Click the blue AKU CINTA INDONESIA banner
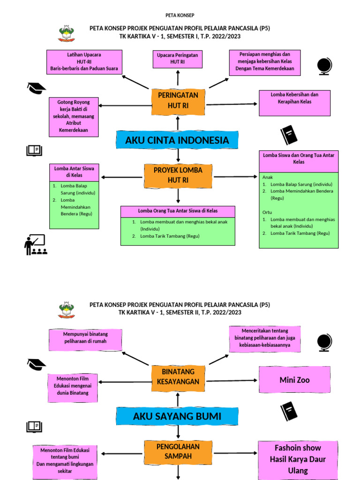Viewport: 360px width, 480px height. tap(177, 140)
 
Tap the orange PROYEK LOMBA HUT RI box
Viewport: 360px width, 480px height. tap(178, 175)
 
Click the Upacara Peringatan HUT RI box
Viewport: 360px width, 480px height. tap(178, 59)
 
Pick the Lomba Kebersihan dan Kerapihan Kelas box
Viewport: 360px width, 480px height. tap(294, 103)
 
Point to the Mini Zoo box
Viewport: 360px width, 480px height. tap(294, 380)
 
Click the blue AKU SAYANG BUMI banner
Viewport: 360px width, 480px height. tap(177, 416)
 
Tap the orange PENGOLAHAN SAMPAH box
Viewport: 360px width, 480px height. tap(178, 452)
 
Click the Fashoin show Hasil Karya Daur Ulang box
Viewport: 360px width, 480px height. tap(298, 460)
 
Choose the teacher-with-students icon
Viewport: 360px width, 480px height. tap(36, 245)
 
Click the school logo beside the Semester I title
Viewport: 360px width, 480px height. tap(67, 33)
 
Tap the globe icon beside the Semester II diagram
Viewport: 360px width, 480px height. tap(324, 342)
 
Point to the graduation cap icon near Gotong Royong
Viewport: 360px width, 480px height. tap(37, 88)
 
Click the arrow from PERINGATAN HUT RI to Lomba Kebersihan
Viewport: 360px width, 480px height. tap(232, 105)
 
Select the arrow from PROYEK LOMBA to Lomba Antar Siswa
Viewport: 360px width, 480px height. tap(122, 177)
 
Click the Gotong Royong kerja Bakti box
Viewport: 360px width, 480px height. tap(74, 117)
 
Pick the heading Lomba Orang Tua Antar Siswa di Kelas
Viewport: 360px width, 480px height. tap(178, 211)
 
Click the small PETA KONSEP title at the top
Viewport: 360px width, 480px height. tap(180, 15)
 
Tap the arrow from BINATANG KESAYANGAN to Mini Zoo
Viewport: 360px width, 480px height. tap(232, 381)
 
